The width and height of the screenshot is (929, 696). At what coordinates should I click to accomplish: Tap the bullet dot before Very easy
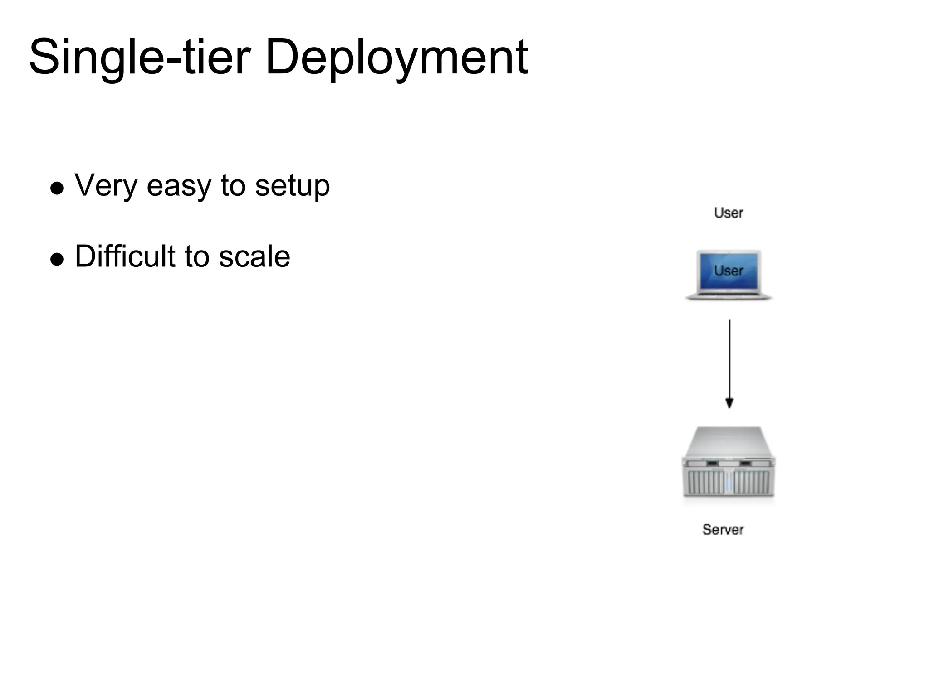point(57,188)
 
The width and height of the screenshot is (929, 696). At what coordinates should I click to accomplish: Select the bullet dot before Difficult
point(57,259)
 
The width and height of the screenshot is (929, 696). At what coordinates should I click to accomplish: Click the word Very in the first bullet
point(105,186)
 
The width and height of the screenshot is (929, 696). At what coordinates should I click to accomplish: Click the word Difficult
point(125,256)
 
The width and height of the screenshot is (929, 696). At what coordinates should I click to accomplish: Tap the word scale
point(254,256)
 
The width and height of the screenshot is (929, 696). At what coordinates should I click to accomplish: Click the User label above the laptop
point(729,213)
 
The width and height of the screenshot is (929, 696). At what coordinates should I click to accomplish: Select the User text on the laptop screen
point(729,271)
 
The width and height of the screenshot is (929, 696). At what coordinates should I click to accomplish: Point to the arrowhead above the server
point(729,402)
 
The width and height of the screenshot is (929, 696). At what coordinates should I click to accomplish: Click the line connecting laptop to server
point(729,358)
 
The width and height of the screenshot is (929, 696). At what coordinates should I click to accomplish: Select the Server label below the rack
point(723,529)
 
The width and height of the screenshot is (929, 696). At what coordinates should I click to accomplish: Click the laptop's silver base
point(729,296)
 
